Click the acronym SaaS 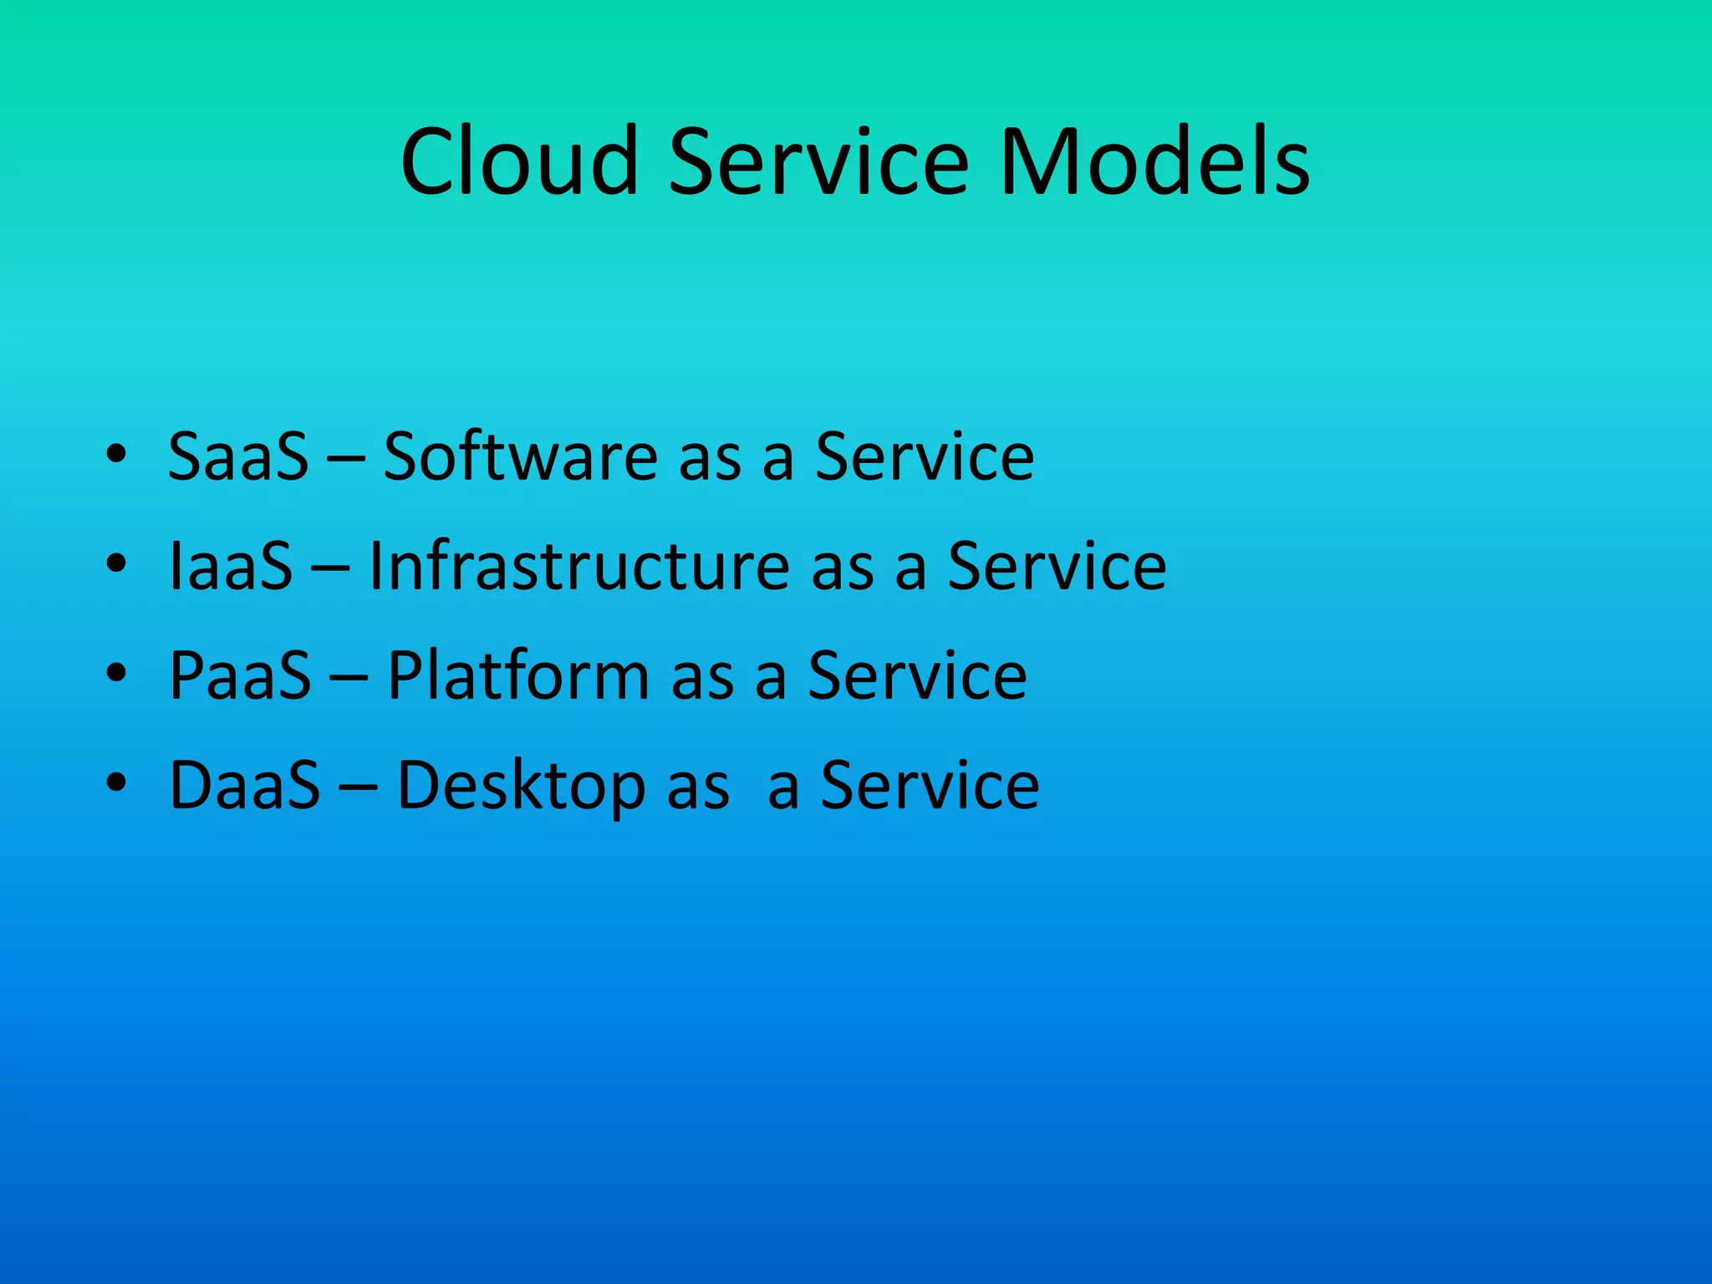point(238,456)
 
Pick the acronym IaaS point(231,567)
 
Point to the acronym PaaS point(240,675)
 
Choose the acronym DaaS point(244,786)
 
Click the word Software point(521,456)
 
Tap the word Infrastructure point(579,567)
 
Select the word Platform point(518,675)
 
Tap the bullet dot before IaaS point(116,563)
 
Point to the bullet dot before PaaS point(116,672)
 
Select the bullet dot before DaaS point(116,782)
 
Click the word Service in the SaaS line point(925,456)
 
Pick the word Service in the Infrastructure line point(1057,567)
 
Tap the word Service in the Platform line point(917,675)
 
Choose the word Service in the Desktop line point(930,786)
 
